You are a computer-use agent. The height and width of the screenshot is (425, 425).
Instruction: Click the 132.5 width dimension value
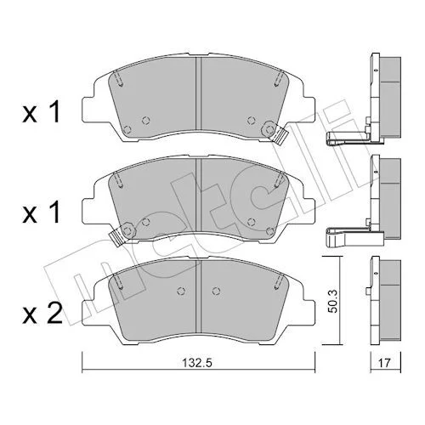click(x=196, y=363)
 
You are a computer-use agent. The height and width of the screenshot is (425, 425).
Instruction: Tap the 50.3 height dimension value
click(x=334, y=301)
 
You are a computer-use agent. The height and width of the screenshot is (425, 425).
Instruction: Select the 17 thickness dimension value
click(x=384, y=363)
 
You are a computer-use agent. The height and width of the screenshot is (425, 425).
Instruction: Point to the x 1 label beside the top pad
click(x=42, y=112)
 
